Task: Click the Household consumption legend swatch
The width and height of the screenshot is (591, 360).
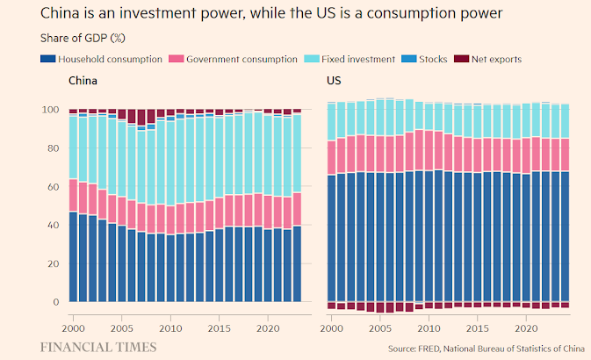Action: (x=49, y=59)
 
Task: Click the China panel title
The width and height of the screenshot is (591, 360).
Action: (x=83, y=81)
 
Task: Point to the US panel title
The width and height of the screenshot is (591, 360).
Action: (x=335, y=81)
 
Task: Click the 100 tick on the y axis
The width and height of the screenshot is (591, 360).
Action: (x=50, y=111)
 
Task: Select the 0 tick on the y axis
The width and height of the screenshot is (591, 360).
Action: (x=55, y=301)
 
